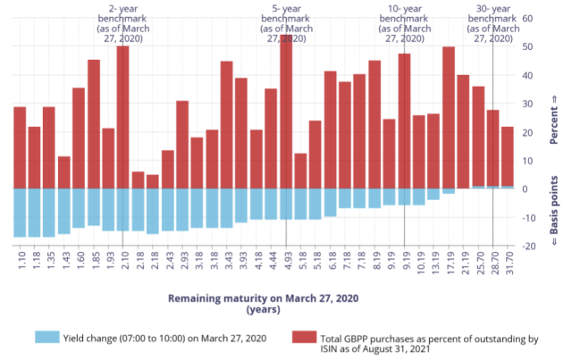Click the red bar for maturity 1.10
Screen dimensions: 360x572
point(20,147)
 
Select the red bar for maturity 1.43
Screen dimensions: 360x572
point(63,172)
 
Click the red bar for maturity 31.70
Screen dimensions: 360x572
point(508,157)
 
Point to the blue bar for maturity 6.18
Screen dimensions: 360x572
point(330,203)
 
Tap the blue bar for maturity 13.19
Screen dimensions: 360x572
point(433,194)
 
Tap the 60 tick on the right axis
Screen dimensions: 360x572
point(527,18)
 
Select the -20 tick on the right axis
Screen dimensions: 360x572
point(527,247)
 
